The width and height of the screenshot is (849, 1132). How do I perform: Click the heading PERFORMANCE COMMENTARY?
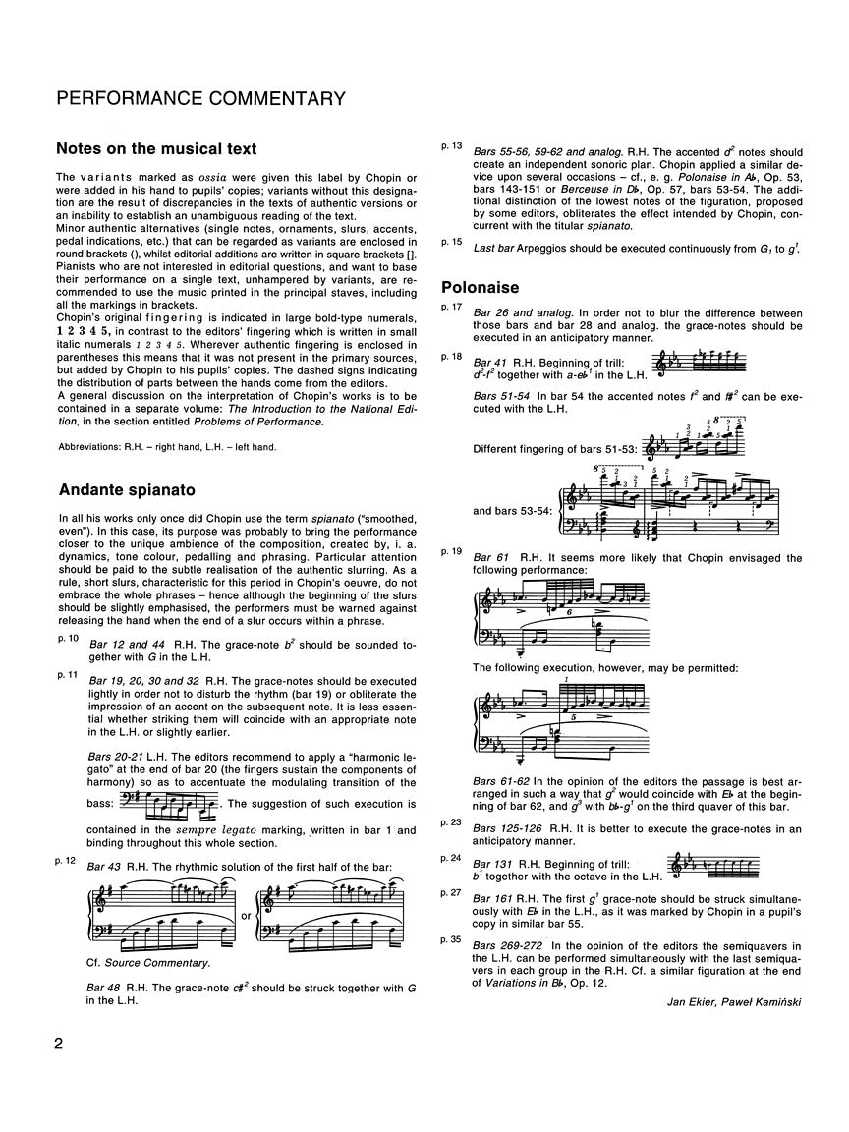coord(201,98)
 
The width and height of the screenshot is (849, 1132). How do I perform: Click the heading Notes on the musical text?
coord(157,149)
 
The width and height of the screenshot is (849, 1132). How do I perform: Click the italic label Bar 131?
coord(494,859)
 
